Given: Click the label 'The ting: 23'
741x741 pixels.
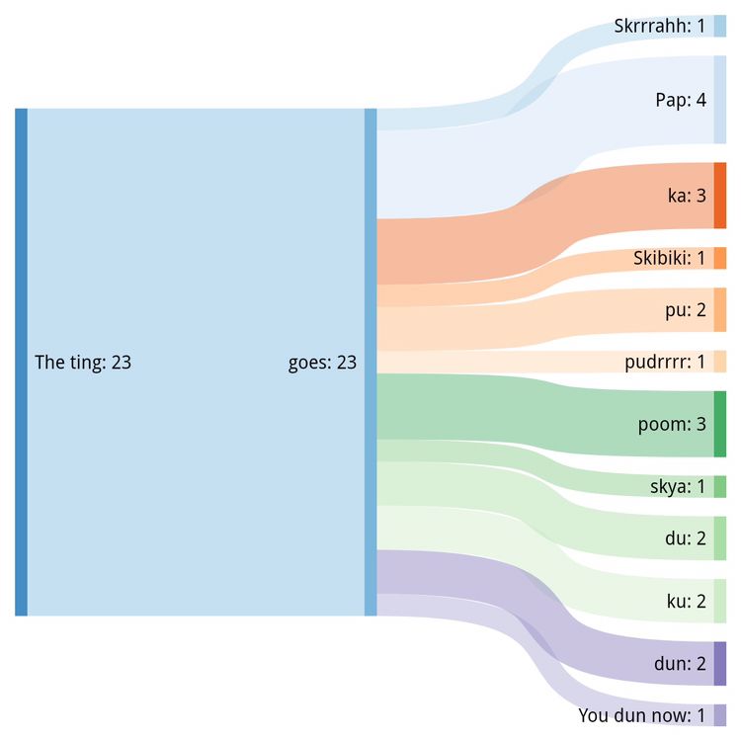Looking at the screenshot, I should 83,363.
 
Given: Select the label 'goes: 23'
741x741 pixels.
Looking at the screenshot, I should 322,363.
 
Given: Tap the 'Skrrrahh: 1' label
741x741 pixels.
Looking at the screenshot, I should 659,26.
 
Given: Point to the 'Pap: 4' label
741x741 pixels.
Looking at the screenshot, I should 681,100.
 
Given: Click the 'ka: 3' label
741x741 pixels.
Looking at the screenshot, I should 687,196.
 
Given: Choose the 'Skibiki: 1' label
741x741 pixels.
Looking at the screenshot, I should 670,259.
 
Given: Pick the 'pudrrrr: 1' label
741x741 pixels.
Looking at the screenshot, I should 665,362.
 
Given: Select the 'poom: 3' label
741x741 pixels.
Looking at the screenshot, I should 672,425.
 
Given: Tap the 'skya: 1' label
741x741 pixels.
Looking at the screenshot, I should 678,486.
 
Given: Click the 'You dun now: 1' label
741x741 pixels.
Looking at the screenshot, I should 641,714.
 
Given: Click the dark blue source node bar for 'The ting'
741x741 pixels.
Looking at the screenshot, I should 21,363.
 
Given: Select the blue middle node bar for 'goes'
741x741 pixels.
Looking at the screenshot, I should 370,363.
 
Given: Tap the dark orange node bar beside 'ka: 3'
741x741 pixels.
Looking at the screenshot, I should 720,196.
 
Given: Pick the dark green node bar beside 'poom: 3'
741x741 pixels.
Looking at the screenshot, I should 720,424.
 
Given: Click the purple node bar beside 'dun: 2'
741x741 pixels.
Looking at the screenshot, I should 720,663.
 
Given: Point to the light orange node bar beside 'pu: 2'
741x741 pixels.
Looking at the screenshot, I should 720,310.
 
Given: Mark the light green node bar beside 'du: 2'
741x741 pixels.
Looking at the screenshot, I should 720,538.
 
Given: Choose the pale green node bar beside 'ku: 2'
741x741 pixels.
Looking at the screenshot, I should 720,601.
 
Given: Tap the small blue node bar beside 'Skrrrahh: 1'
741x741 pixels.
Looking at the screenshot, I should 720,26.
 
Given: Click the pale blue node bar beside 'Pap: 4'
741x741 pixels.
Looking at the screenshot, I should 720,100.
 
